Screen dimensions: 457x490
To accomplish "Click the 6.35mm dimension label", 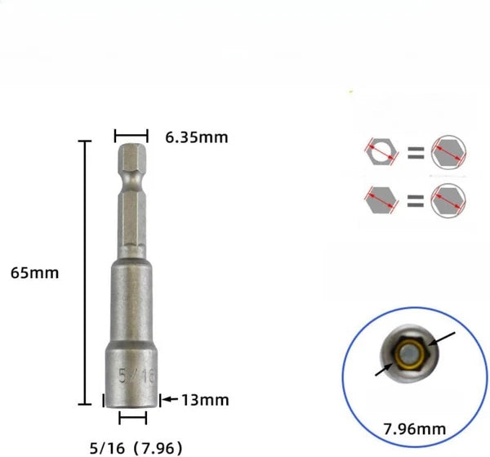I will [x=196, y=137].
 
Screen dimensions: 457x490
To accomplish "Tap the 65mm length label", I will [x=34, y=272].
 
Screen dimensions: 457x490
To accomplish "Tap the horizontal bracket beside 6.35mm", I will [x=131, y=136].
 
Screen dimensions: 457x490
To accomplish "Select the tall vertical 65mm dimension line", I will [x=82, y=272].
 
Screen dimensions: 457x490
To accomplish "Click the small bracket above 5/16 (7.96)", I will [x=131, y=419].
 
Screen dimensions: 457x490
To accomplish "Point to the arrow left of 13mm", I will [x=167, y=400].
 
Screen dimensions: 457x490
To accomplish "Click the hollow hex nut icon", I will [x=381, y=153].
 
